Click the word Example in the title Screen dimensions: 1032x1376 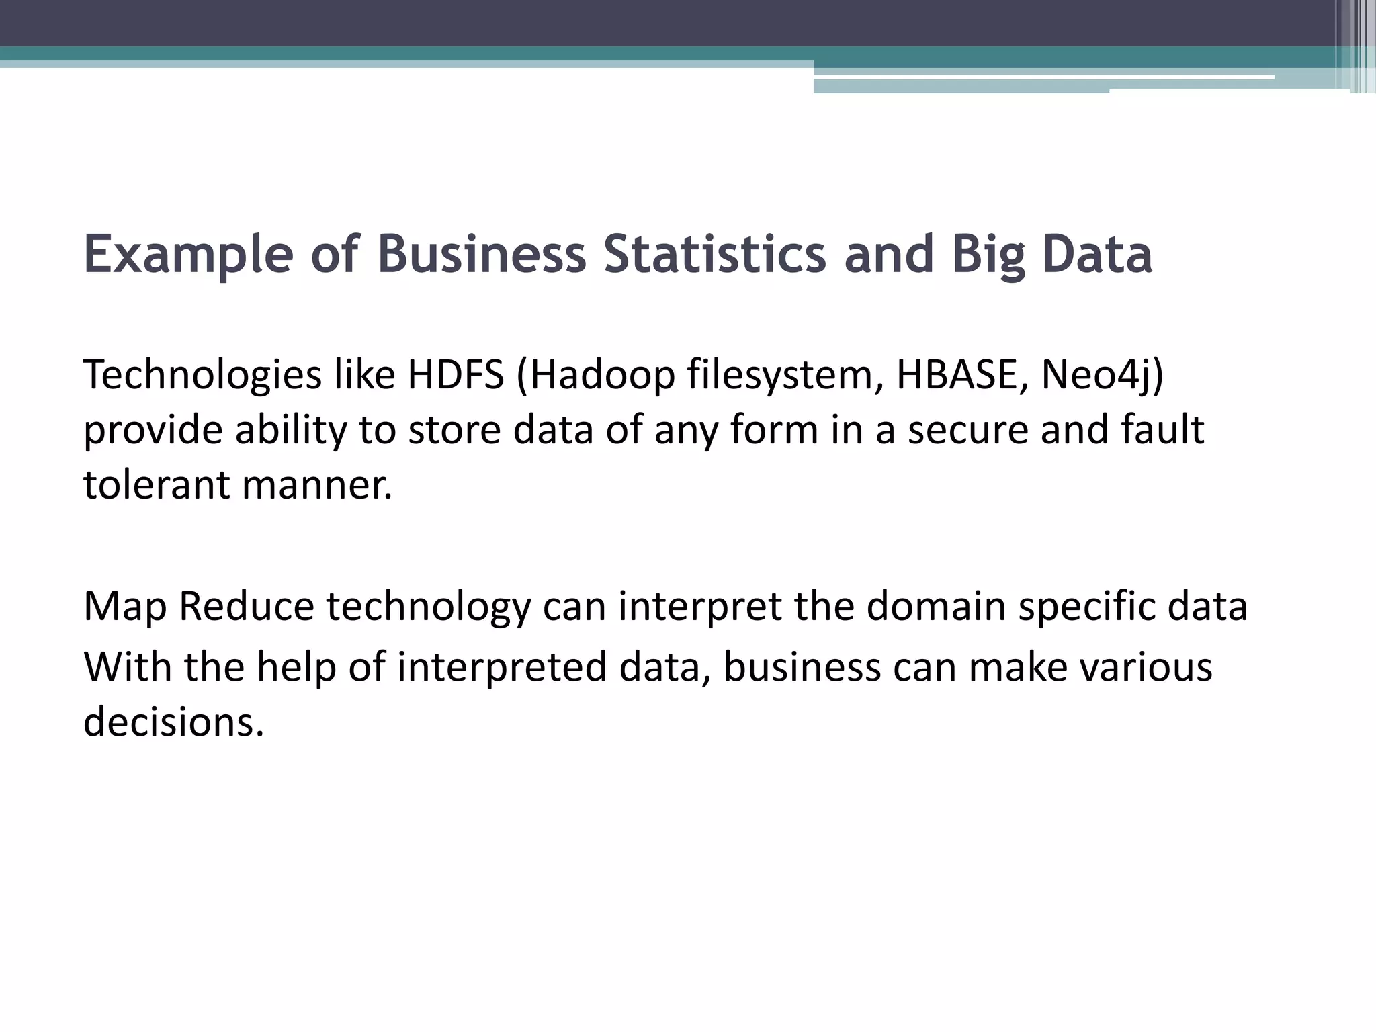point(189,255)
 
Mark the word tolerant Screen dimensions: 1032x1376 point(157,484)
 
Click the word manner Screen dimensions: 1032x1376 point(316,484)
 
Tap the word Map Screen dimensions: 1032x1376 point(125,606)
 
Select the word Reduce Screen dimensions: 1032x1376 point(247,606)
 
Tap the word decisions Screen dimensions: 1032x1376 point(173,722)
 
